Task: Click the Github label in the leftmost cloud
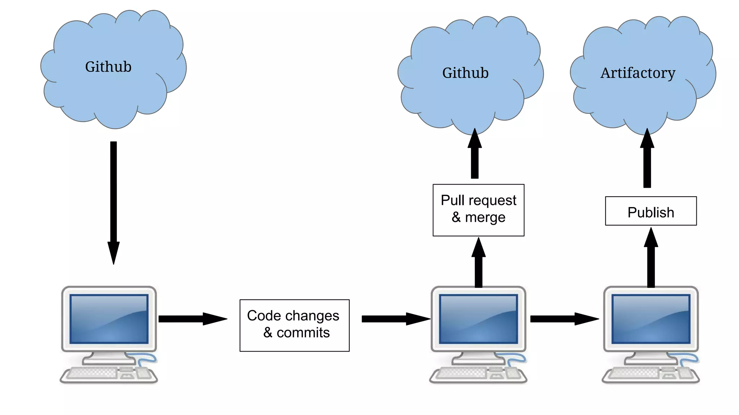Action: point(108,67)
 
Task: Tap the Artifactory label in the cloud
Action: point(638,73)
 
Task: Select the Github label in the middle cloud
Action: point(465,73)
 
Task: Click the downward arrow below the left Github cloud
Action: point(113,202)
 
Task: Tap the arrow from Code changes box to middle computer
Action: point(395,319)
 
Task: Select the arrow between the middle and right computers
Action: point(564,319)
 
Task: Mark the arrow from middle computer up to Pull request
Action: point(478,263)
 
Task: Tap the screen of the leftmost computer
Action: point(109,319)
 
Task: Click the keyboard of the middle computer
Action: point(462,373)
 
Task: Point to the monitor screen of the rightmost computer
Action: point(651,319)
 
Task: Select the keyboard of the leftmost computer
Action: point(92,373)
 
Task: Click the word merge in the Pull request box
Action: point(485,218)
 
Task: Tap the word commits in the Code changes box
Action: point(303,333)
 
